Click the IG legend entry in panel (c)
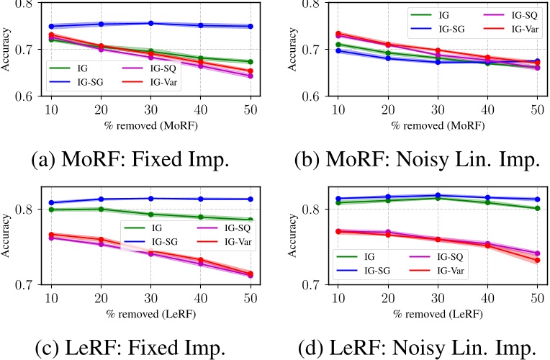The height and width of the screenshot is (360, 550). [161, 227]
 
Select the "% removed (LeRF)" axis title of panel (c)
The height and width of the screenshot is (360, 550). [150, 311]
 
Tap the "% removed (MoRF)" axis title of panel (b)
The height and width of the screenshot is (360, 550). [438, 123]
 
